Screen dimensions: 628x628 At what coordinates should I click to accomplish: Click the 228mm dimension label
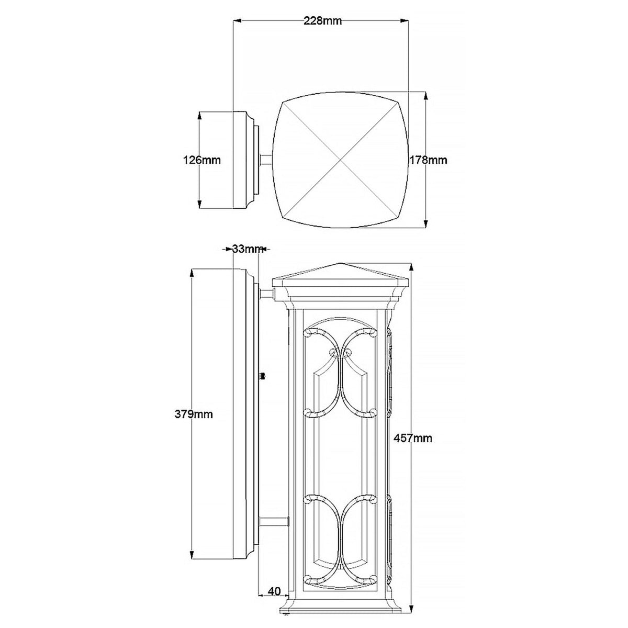coord(322,21)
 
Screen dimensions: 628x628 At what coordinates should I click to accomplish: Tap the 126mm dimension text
coord(202,160)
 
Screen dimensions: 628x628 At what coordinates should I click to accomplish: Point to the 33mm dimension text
coord(246,249)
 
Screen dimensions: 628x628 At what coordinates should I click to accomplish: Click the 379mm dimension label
coord(194,414)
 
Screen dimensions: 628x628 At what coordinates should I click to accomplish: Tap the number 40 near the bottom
coord(274,592)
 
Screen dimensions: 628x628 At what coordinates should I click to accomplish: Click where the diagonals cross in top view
coord(341,160)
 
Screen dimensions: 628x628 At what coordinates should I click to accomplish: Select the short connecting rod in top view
coord(266,160)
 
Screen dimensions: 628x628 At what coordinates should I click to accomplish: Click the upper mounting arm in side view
coord(266,294)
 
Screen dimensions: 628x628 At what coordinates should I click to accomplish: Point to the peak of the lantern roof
coord(341,263)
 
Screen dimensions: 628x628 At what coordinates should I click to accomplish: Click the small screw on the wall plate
coord(263,376)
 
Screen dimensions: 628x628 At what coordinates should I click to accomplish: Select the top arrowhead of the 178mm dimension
coord(426,96)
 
